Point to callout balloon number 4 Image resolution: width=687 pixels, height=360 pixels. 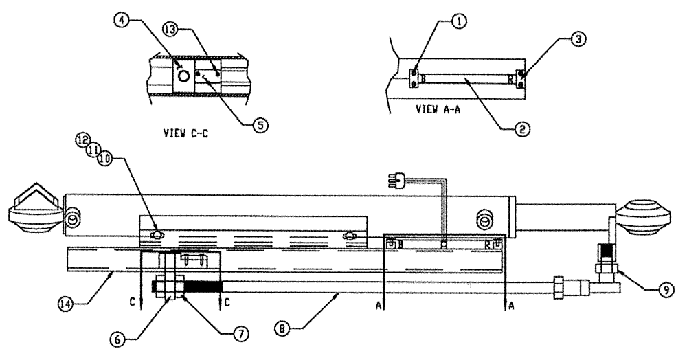pos(122,21)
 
